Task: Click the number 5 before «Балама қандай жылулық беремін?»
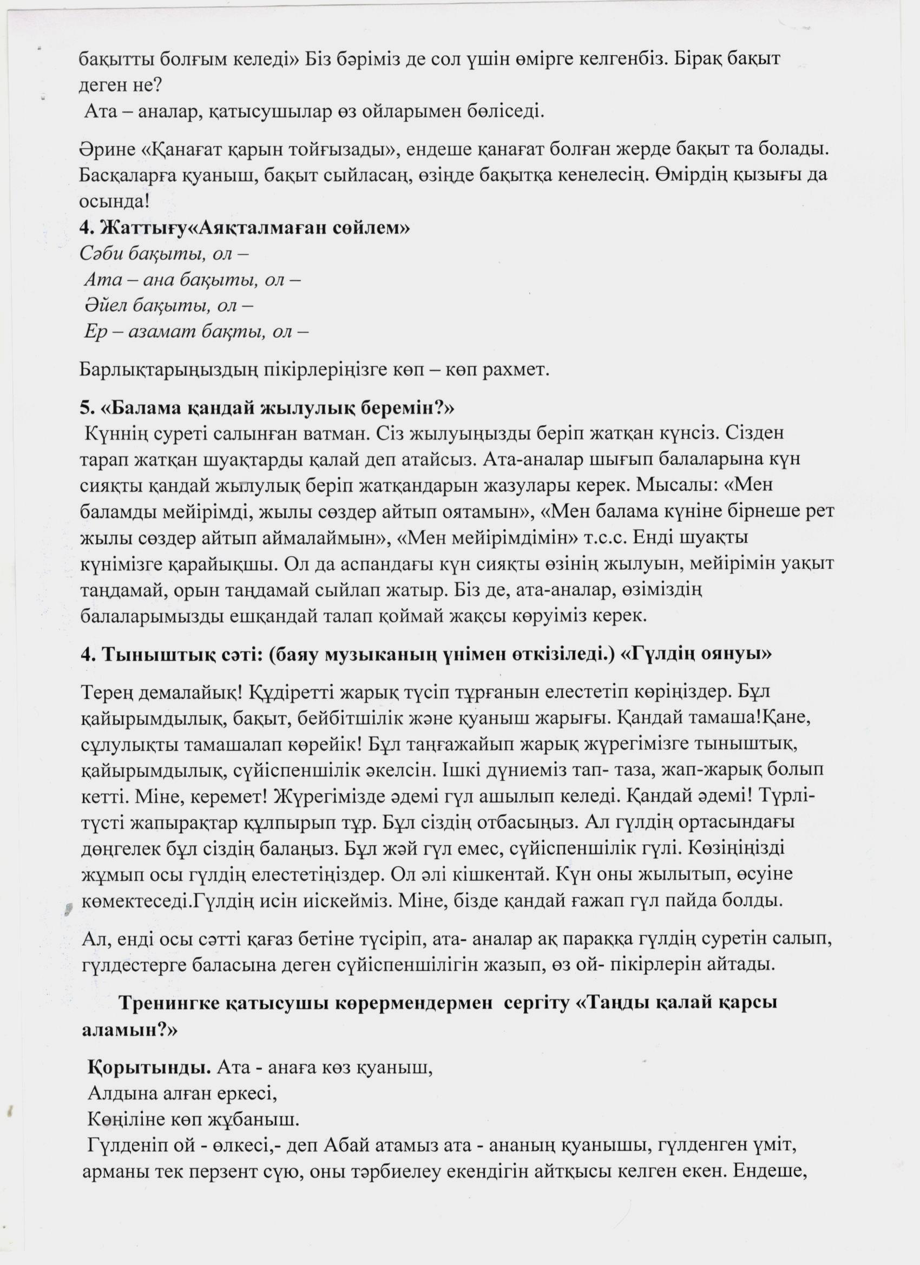(x=85, y=409)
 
